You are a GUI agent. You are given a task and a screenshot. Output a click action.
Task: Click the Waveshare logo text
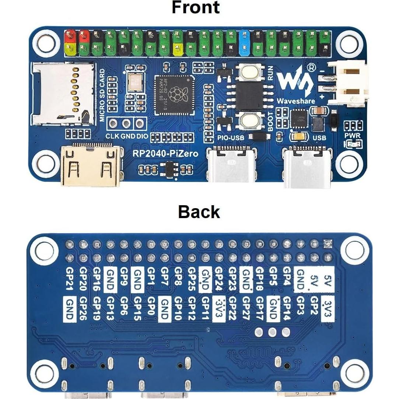pos(297,100)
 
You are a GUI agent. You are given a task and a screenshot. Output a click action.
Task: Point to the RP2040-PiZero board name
pos(167,154)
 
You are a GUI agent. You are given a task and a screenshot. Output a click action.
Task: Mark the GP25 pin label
pos(192,279)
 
